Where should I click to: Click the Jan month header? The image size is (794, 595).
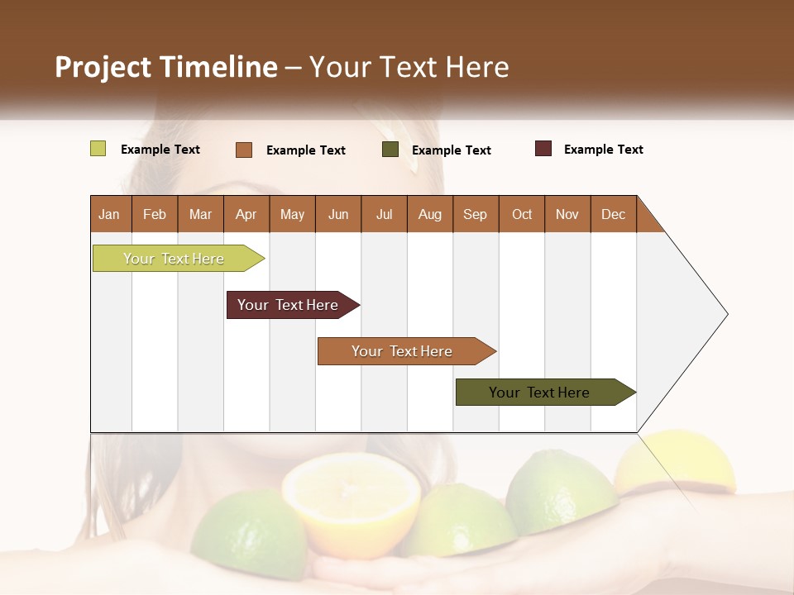click(110, 214)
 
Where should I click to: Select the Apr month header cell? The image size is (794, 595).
click(246, 214)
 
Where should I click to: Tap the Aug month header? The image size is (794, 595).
click(430, 214)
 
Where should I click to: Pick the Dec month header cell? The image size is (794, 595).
click(614, 214)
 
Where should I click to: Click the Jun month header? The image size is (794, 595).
click(338, 214)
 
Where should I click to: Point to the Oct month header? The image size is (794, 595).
click(522, 214)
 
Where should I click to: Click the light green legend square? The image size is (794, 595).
click(98, 149)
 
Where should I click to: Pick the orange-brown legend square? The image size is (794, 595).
click(244, 150)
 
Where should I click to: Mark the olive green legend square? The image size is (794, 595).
click(390, 150)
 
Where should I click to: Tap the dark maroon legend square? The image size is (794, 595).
click(543, 149)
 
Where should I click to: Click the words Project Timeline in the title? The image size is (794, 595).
click(166, 67)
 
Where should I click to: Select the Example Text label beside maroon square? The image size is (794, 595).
click(603, 150)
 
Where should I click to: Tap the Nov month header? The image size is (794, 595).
click(567, 214)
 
